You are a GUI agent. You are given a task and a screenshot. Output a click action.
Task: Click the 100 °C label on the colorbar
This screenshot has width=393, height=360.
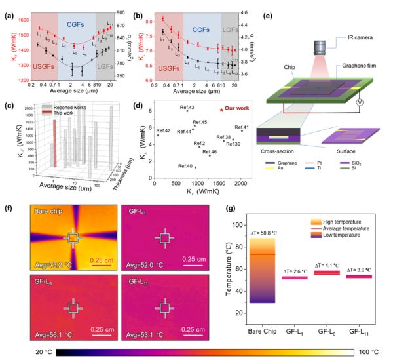click(378, 352)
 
